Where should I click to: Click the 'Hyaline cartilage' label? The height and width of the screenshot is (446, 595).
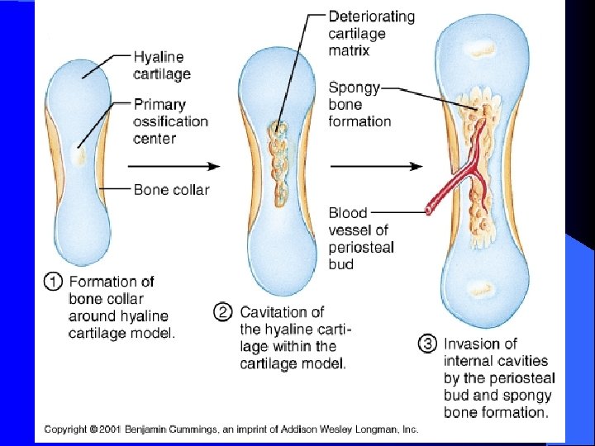tap(162, 65)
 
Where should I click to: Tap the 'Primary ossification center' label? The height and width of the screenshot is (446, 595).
tap(170, 121)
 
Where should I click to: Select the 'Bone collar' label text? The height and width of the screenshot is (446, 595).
tap(171, 190)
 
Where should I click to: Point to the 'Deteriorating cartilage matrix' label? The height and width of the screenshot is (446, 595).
tap(371, 33)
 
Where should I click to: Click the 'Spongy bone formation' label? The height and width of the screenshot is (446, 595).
tap(359, 104)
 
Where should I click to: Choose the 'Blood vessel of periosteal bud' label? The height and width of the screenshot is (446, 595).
tap(361, 239)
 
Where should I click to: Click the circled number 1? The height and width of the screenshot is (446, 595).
tap(52, 282)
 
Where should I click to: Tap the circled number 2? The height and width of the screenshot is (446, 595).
tap(222, 312)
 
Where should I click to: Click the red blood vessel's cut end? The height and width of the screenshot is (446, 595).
tap(429, 211)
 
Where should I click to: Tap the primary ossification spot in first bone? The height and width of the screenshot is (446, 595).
tap(79, 154)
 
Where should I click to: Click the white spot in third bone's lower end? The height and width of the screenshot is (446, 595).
tap(480, 290)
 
